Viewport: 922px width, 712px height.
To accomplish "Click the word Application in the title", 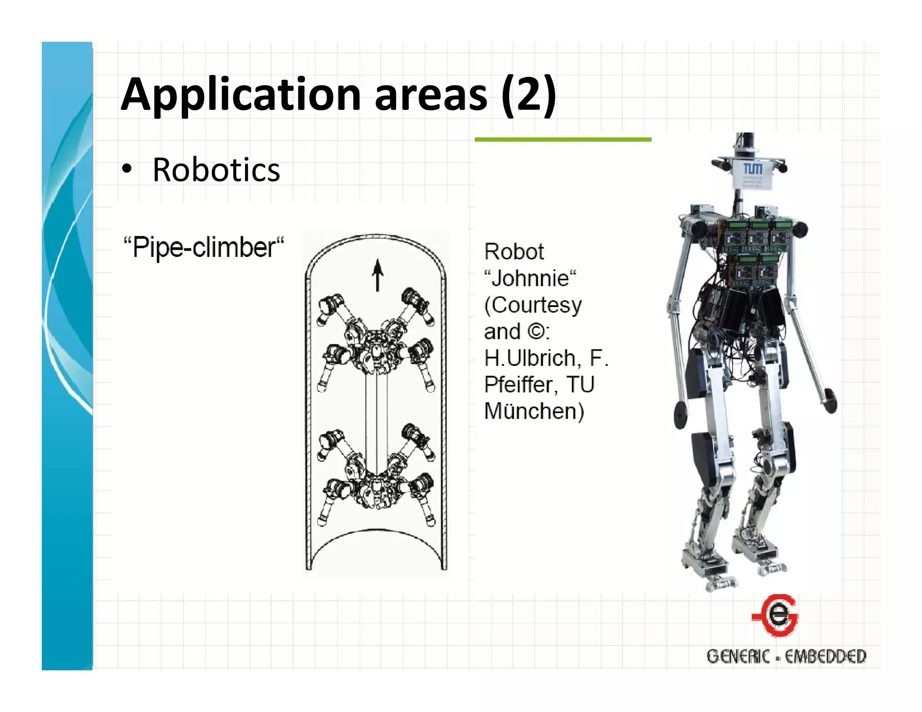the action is tap(241, 95).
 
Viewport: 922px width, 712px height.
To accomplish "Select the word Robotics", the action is tap(216, 170).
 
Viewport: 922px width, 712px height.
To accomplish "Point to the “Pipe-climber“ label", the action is tap(203, 248).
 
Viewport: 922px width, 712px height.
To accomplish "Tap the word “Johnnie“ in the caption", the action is tap(530, 278).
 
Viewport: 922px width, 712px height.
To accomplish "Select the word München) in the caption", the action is tap(534, 411).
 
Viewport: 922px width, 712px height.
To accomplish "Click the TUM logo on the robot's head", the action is tap(752, 169).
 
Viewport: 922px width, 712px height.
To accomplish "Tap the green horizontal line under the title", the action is tap(563, 140).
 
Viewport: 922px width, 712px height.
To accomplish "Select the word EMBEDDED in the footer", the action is tap(825, 656).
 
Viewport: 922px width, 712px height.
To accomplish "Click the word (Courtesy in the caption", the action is tap(533, 305).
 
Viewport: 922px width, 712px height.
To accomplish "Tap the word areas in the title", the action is tap(431, 95).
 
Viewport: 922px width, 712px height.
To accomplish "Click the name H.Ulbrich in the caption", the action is tap(530, 358).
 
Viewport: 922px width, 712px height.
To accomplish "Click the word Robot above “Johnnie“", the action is tap(514, 252).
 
